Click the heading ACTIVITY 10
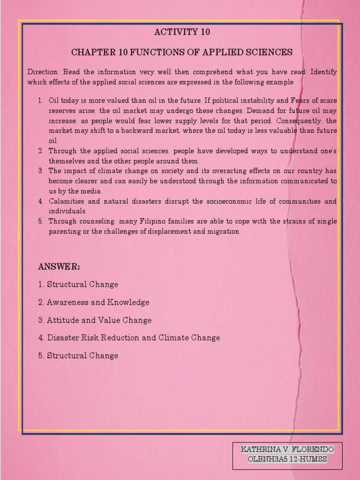[182, 32]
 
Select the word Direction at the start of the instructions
[43, 72]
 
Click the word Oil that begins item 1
[54, 100]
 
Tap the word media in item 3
[93, 191]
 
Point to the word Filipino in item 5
[143, 221]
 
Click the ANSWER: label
[59, 267]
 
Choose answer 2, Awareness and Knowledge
[94, 302]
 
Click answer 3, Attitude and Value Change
[95, 320]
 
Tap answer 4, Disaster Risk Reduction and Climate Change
[129, 337]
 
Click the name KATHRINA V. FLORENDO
[287, 450]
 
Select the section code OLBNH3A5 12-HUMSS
[287, 459]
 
